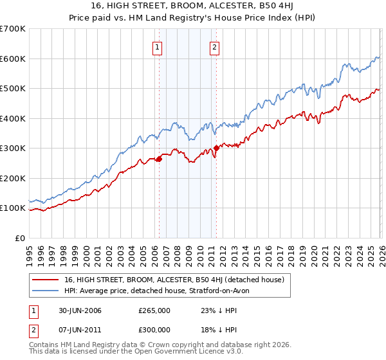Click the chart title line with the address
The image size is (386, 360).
(x=192, y=7)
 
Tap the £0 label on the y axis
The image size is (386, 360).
(x=20, y=238)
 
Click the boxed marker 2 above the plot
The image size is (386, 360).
(x=214, y=46)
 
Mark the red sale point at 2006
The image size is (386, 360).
(x=159, y=159)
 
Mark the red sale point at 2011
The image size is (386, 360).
(x=216, y=148)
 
